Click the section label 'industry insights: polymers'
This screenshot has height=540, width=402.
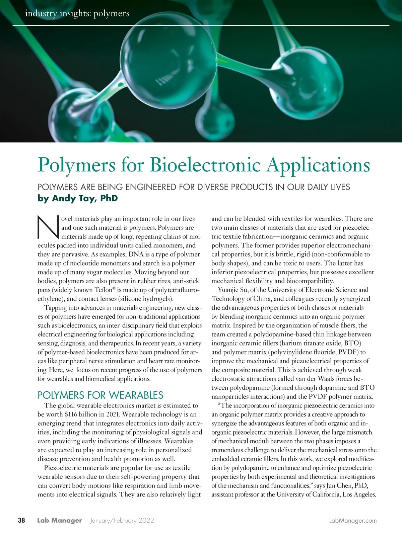pyautogui.click(x=77, y=14)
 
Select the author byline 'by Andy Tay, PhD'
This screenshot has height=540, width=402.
pyautogui.click(x=78, y=199)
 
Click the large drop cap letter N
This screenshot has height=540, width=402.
pyautogui.click(x=48, y=227)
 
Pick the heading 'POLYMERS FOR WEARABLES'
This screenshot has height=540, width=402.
pyautogui.click(x=100, y=395)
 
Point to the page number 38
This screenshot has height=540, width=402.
pyautogui.click(x=21, y=521)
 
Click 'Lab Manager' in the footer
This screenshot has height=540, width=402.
pyautogui.click(x=60, y=521)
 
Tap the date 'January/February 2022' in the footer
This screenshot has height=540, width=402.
pyautogui.click(x=122, y=521)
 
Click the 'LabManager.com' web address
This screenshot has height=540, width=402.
pyautogui.click(x=353, y=521)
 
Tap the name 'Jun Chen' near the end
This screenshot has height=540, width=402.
pyautogui.click(x=334, y=485)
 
